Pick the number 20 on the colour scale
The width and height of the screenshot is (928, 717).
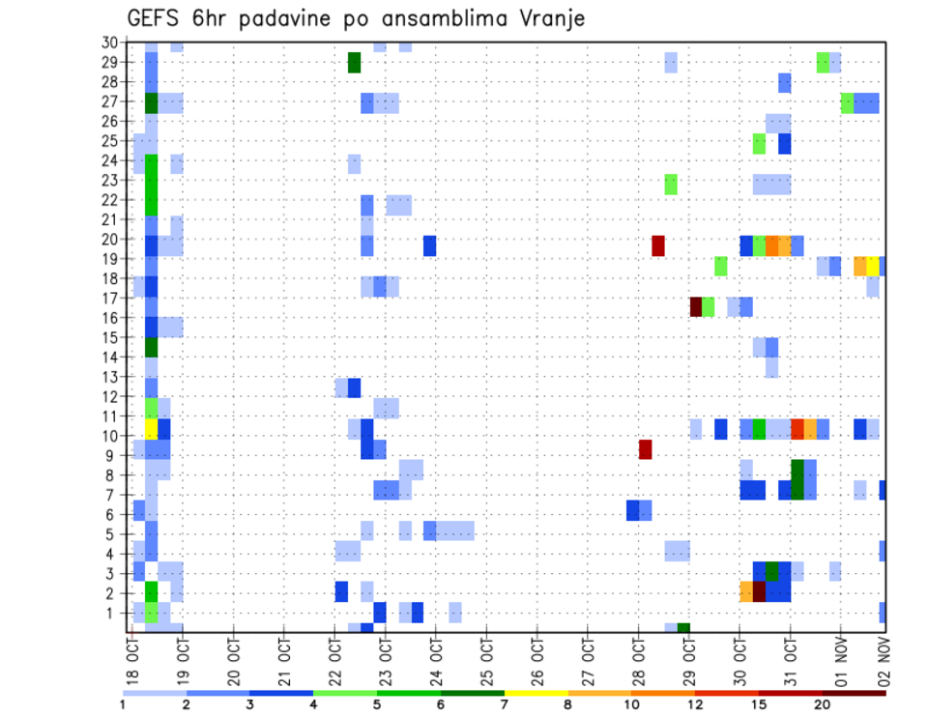coord(823,703)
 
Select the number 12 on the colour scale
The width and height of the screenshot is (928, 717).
coord(695,703)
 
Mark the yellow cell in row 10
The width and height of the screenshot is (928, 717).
coord(151,428)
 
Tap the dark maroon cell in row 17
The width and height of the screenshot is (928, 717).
coord(695,306)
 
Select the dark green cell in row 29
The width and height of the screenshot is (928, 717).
coord(354,62)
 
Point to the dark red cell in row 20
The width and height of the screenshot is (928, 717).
coord(658,245)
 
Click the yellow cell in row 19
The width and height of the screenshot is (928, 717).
coord(873,266)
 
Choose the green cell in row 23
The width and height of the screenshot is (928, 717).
coord(671,184)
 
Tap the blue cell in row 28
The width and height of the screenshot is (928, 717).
coord(785,82)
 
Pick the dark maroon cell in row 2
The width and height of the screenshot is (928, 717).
coord(759,590)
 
